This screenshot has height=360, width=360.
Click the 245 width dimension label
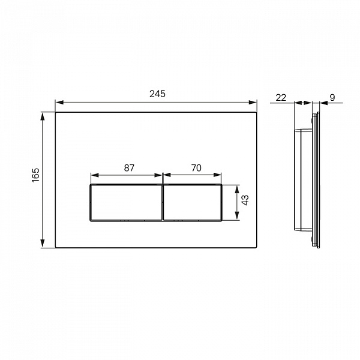(157, 94)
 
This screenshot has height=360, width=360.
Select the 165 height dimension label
(36, 175)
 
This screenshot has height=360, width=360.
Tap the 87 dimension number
(129, 168)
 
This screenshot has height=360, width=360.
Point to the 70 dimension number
(196, 168)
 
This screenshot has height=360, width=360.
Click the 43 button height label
(245, 200)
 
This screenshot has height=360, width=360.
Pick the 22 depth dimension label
(281, 98)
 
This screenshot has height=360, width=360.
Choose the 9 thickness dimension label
(332, 98)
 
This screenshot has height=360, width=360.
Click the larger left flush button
(126, 203)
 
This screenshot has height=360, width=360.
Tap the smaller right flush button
(193, 203)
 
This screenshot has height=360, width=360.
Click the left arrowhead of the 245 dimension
(59, 103)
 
